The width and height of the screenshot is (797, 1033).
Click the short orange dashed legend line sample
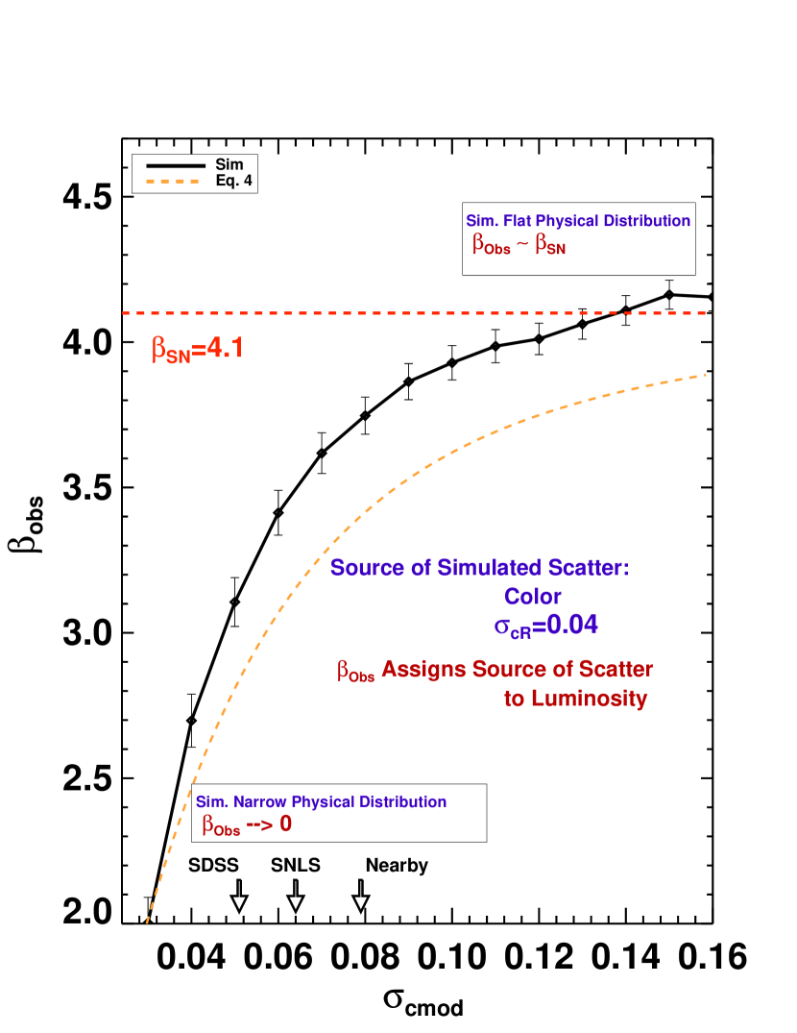click(173, 181)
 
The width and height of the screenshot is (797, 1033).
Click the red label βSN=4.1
click(198, 349)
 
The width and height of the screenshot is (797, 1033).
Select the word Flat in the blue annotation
click(515, 221)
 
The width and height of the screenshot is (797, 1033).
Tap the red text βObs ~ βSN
click(519, 245)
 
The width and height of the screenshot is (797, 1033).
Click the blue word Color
click(533, 597)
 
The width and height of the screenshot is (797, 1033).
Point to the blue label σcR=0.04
click(545, 626)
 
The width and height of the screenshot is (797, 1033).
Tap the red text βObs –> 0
click(246, 824)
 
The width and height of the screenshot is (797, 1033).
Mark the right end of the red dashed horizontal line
click(706, 313)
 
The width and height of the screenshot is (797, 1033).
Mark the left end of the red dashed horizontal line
click(124, 313)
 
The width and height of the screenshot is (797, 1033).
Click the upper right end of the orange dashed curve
click(705, 375)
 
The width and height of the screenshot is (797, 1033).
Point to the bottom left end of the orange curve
click(147, 922)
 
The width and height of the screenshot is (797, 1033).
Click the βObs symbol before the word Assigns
click(355, 671)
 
